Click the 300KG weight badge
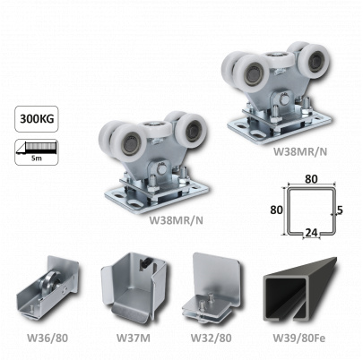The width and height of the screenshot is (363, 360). pos(37,119)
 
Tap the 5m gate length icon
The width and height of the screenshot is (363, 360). pos(37,152)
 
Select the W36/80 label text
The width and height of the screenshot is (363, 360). pos(48,338)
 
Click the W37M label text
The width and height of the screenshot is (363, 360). pos(134,338)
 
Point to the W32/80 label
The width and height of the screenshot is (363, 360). pos(211,338)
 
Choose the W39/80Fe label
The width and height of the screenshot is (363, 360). pos(299,338)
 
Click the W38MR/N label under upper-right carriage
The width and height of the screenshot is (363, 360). pos(300,151)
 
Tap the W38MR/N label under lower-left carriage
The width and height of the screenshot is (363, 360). pos(176,220)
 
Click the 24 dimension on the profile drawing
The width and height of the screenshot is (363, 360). pos(312,234)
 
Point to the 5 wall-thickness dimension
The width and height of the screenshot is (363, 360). pos(340,210)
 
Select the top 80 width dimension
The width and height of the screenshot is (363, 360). pos(311,179)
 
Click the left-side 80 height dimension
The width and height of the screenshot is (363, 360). pos(276,210)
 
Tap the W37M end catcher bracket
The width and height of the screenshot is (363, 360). pos(134,289)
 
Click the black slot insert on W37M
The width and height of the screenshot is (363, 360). pos(147,263)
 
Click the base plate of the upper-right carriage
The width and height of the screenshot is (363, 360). pos(280,127)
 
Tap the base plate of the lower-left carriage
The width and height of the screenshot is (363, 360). pos(156,197)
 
